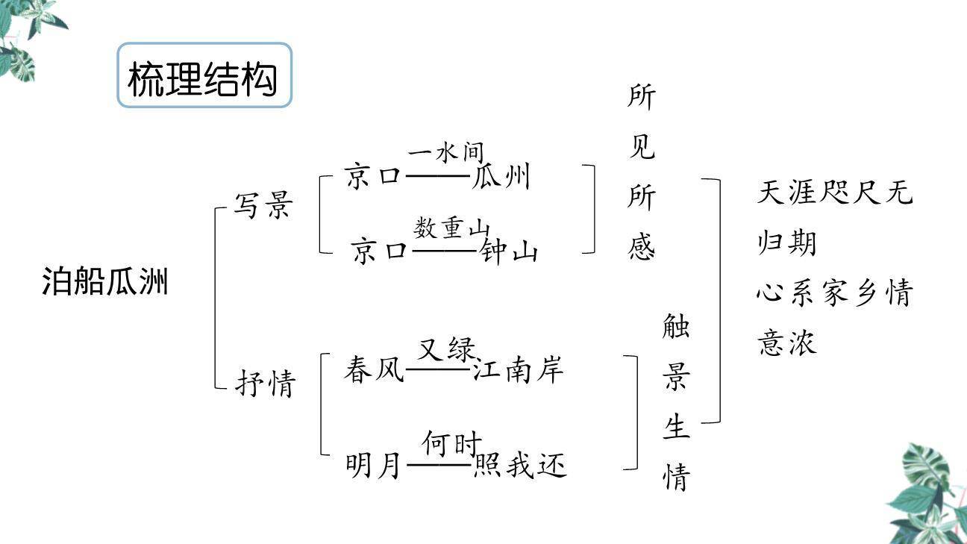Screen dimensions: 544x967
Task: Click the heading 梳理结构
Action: [x=203, y=78]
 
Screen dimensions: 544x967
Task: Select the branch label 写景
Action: [x=263, y=205]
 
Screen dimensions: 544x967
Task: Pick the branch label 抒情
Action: [x=266, y=384]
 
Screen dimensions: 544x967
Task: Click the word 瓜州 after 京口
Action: [x=501, y=178]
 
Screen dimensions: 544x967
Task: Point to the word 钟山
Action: [x=510, y=252]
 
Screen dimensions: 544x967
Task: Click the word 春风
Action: [x=374, y=369]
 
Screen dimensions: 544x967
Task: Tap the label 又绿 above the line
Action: [x=446, y=348]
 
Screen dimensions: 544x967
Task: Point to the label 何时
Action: [x=452, y=443]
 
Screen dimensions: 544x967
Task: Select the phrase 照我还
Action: [x=520, y=466]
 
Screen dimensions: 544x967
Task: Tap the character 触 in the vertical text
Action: [x=676, y=326]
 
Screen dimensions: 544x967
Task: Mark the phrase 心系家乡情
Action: [x=834, y=293]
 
